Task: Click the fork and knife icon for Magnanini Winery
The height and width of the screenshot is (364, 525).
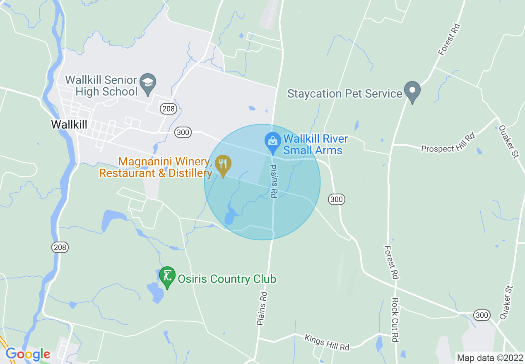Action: (223, 164)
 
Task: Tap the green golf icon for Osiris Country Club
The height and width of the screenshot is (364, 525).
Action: (167, 275)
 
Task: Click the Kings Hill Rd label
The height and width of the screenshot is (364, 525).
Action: (327, 342)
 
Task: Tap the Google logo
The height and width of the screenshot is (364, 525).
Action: (28, 354)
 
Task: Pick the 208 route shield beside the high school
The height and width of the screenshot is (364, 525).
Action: (169, 109)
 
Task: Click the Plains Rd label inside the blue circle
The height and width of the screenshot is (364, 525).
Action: (273, 181)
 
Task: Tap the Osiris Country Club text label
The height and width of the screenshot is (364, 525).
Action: (227, 279)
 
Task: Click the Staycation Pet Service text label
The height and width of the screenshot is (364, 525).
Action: (345, 93)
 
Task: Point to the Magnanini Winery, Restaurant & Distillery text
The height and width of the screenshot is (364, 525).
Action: (155, 167)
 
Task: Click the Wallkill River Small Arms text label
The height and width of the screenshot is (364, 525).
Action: (315, 144)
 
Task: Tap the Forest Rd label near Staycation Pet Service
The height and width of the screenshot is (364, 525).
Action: (450, 39)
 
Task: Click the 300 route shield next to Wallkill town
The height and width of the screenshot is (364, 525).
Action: (183, 132)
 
